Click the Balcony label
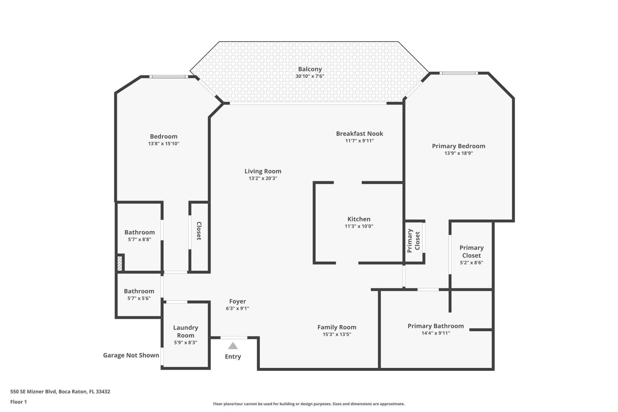click(310, 69)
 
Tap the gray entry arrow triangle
click(233, 346)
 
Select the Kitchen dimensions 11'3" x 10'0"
click(359, 226)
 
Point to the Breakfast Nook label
click(360, 134)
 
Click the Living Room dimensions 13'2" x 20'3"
click(263, 178)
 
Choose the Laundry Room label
click(185, 331)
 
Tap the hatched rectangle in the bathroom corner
click(120, 263)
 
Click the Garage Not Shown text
click(131, 355)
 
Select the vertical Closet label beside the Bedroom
click(199, 231)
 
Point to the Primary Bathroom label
click(435, 326)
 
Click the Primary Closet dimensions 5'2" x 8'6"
click(471, 263)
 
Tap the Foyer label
click(238, 302)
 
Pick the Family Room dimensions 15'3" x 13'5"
click(337, 334)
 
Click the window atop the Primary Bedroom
click(459, 73)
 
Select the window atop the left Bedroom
click(169, 77)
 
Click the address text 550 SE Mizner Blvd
click(60, 392)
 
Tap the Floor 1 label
click(19, 402)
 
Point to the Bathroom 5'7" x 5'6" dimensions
click(139, 298)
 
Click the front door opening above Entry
click(234, 338)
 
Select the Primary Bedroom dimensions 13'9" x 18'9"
click(458, 153)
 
